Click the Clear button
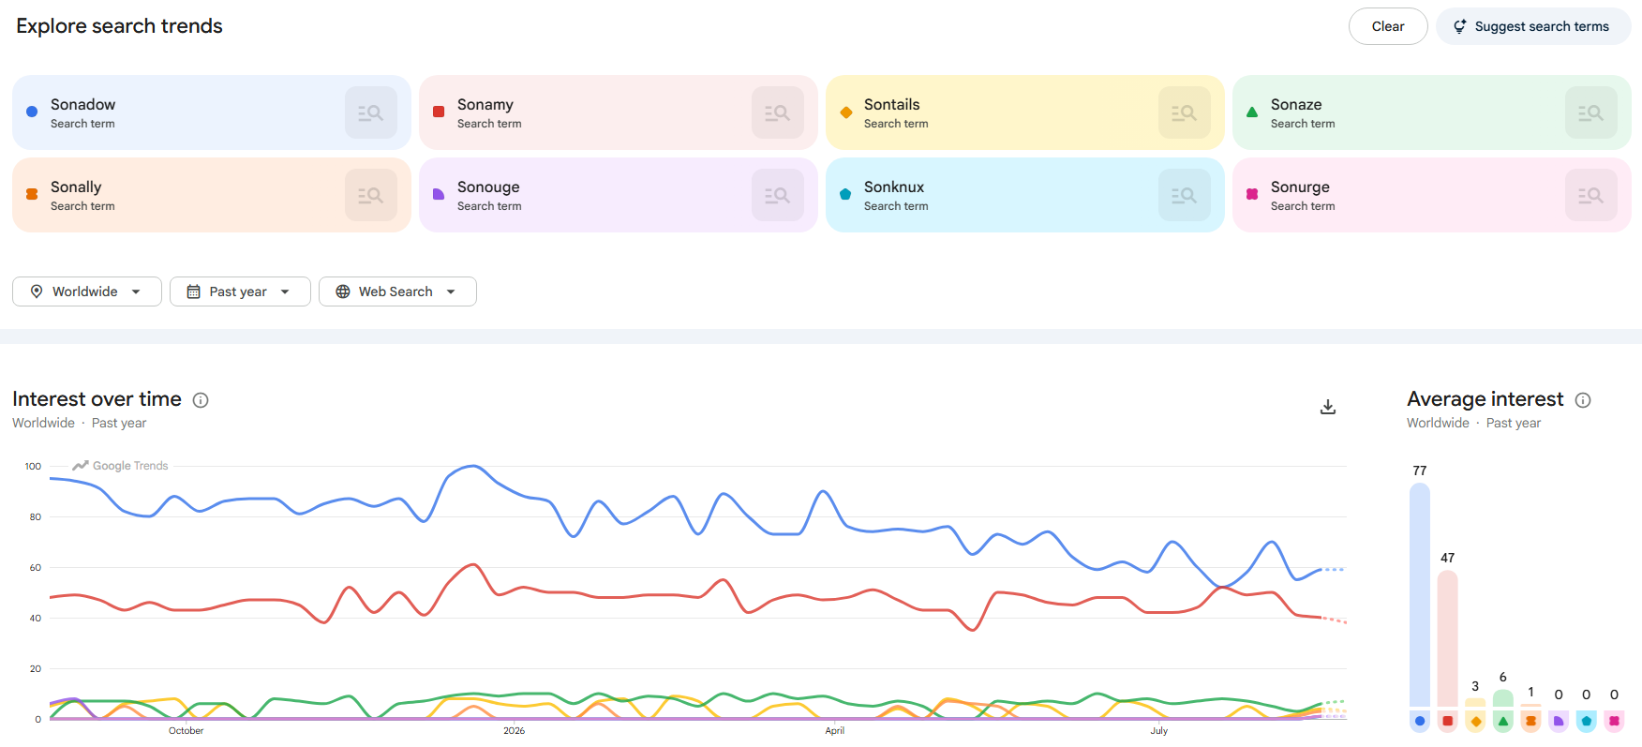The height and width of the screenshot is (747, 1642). (1388, 26)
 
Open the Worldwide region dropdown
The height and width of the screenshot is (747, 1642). (87, 291)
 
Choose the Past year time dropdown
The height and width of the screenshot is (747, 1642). (240, 291)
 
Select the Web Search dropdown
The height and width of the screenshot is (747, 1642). (397, 291)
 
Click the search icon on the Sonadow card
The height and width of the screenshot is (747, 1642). (371, 112)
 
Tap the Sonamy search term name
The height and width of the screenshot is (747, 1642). (485, 104)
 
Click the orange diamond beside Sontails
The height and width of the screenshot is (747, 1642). (846, 112)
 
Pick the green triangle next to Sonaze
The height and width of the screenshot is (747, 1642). (1252, 112)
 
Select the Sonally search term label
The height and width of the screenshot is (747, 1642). (76, 187)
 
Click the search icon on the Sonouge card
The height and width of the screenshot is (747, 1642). (778, 195)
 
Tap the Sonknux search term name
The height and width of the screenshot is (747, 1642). (894, 187)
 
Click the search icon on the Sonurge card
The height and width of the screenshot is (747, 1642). (1591, 195)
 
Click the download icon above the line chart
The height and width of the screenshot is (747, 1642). (1328, 407)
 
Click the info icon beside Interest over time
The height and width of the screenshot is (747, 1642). (201, 400)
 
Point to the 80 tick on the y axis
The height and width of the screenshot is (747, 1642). (36, 516)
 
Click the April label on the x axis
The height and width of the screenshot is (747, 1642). (835, 731)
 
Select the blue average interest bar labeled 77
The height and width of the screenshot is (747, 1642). (1420, 595)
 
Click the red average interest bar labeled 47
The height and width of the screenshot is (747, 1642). (1447, 639)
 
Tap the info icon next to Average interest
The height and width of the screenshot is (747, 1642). (1583, 400)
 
